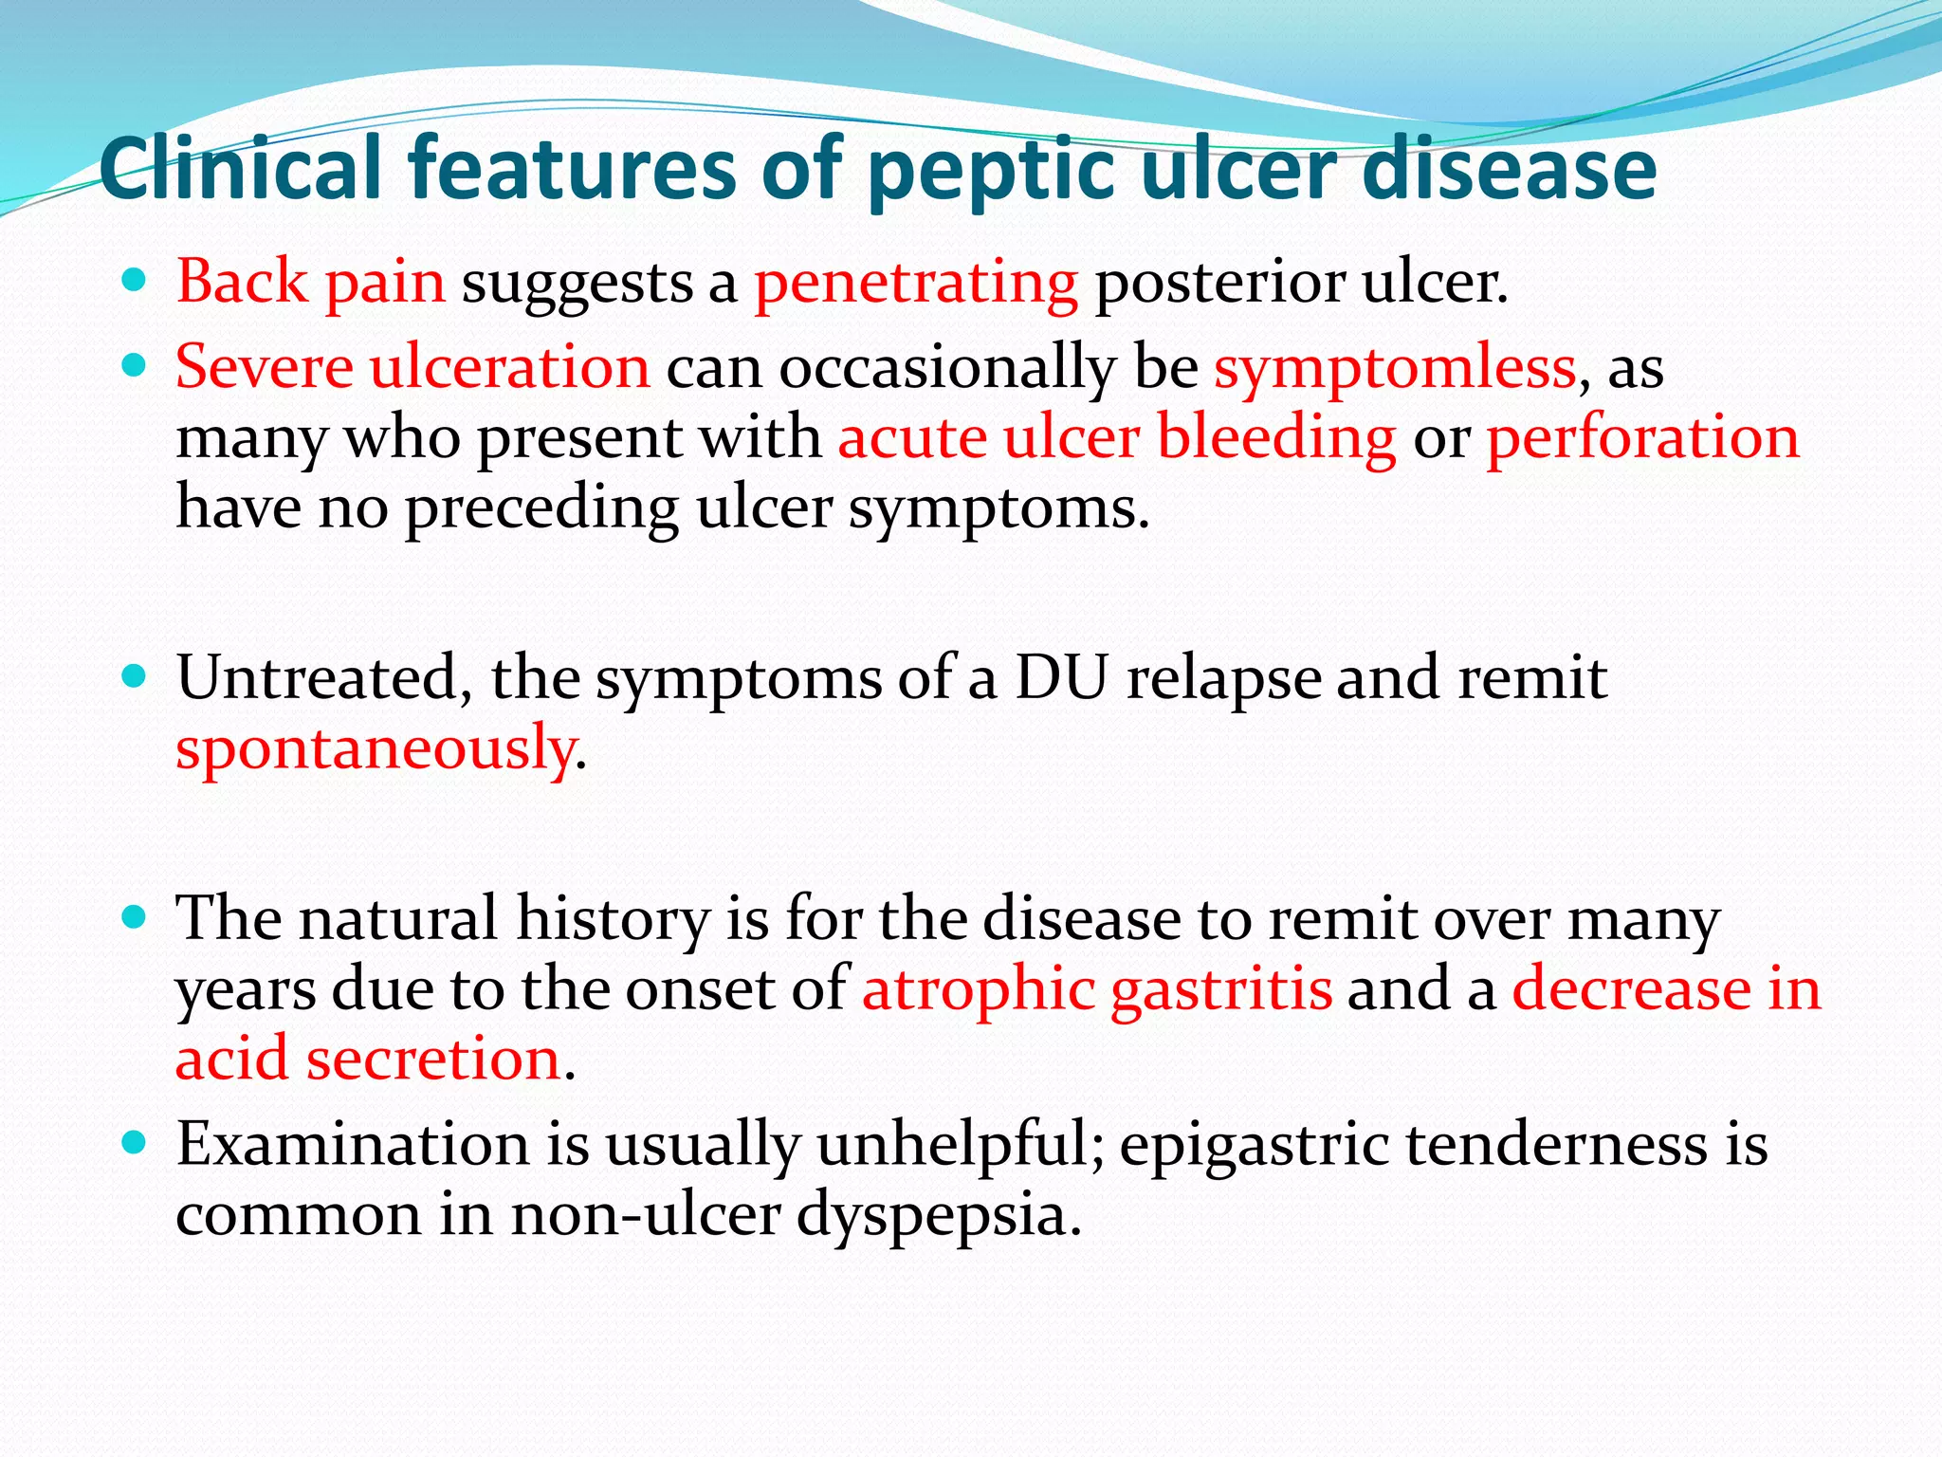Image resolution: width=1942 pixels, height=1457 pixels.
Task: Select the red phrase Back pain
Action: coord(310,283)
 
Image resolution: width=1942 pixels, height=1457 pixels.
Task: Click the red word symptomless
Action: coord(1394,368)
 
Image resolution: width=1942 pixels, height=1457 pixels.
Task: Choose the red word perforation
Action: coord(1642,438)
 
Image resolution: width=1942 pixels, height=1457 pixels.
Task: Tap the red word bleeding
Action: coord(1276,438)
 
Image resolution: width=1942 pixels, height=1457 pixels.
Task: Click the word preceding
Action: coord(541,509)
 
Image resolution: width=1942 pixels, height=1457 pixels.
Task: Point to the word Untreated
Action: coord(324,677)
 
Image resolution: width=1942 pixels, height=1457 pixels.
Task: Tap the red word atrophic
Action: coord(978,990)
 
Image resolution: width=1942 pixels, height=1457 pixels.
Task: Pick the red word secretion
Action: coord(432,1059)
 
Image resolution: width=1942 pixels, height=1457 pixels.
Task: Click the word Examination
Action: coord(352,1144)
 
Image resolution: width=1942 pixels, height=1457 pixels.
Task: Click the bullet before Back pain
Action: coord(135,280)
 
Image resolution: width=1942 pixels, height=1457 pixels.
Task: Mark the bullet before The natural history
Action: coord(135,916)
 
